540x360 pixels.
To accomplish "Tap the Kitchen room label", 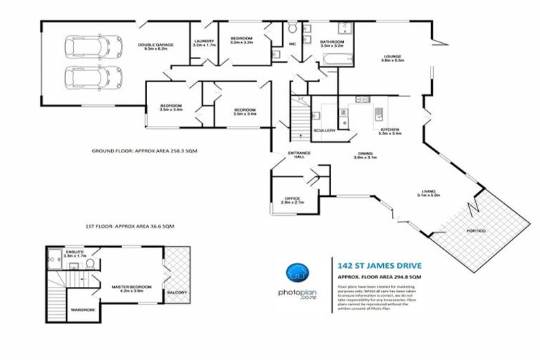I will click(390, 131).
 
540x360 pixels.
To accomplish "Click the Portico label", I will click(476, 231).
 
